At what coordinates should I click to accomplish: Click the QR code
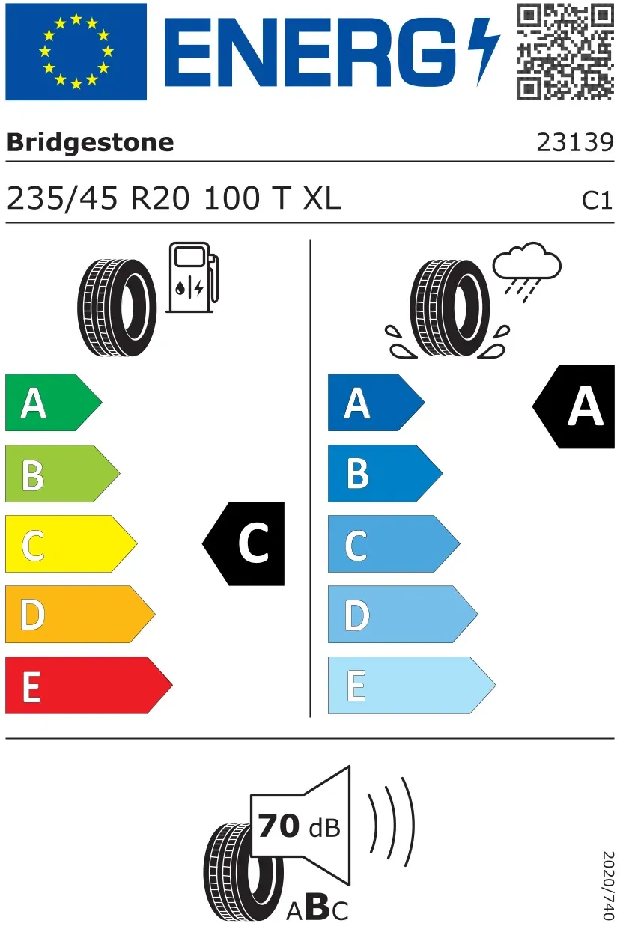point(565,52)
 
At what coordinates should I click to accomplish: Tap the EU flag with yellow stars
point(76,52)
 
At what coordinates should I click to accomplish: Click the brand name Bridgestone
point(90,143)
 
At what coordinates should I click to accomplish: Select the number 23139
point(575,143)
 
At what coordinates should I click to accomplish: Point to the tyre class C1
point(597,201)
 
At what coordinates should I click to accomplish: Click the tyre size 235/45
point(62,199)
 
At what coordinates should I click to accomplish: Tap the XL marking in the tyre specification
point(322,198)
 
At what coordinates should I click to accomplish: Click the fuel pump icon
point(192,278)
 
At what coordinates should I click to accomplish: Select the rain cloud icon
point(526,272)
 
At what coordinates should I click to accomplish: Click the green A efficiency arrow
point(54,402)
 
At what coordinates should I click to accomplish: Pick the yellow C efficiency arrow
point(71,543)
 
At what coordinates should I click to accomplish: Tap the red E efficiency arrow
point(89,685)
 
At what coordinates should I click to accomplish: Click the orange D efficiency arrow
point(80,615)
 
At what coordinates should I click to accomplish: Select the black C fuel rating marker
point(243,543)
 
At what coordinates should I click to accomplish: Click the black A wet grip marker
point(574,406)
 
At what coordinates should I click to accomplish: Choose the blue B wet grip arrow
point(386,473)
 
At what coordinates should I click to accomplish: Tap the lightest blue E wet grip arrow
point(412,685)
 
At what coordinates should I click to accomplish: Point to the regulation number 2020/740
point(608,885)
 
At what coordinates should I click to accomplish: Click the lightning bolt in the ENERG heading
point(484,52)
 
